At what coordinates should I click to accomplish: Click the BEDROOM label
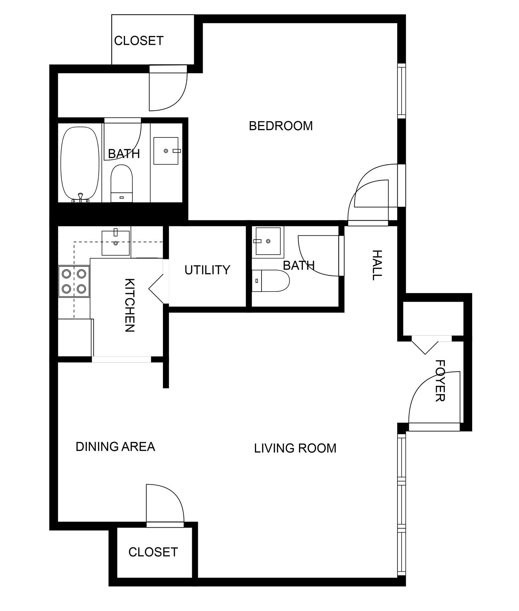pyautogui.click(x=281, y=126)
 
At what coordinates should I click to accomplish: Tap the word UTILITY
pyautogui.click(x=207, y=270)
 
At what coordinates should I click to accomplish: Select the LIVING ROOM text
pyautogui.click(x=295, y=448)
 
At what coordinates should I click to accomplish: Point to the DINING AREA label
pyautogui.click(x=115, y=446)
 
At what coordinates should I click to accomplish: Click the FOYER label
pyautogui.click(x=440, y=381)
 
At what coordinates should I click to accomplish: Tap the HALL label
pyautogui.click(x=376, y=265)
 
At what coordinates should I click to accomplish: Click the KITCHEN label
pyautogui.click(x=130, y=305)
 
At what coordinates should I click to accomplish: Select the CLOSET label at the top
pyautogui.click(x=139, y=41)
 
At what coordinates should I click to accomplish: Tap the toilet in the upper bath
pyautogui.click(x=121, y=183)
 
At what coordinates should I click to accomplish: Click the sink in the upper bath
pyautogui.click(x=166, y=151)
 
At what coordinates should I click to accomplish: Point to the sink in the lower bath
pyautogui.click(x=268, y=241)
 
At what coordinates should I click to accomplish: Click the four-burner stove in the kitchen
pyautogui.click(x=74, y=281)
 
